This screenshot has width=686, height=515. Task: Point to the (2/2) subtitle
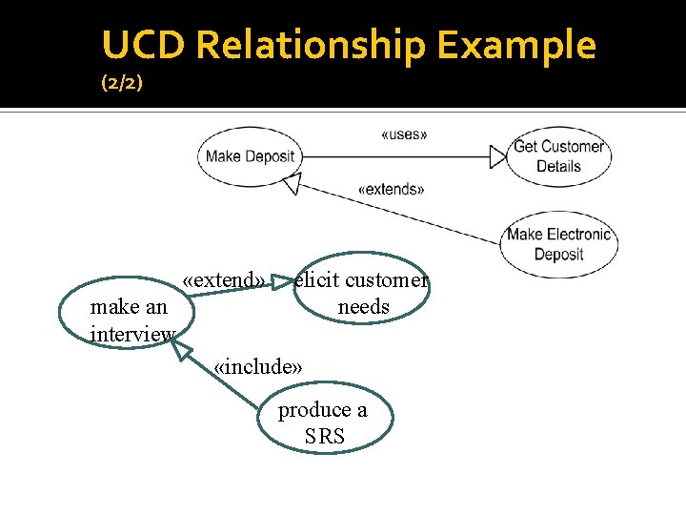122,84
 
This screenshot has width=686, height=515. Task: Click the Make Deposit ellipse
250,156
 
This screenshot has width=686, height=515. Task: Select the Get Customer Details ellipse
558,156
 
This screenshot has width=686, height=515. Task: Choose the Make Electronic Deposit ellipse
558,244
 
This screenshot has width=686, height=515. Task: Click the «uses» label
404,134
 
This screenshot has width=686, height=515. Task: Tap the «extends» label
391,189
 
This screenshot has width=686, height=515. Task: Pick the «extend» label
225,280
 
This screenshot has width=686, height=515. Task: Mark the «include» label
258,367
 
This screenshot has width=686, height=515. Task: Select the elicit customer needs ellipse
361,294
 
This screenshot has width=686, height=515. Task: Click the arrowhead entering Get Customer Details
497,155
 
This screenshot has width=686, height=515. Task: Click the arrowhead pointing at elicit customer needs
284,282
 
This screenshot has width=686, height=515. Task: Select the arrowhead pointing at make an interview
182,350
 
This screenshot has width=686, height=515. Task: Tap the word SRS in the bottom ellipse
325,438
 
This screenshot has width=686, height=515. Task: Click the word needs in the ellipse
364,307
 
